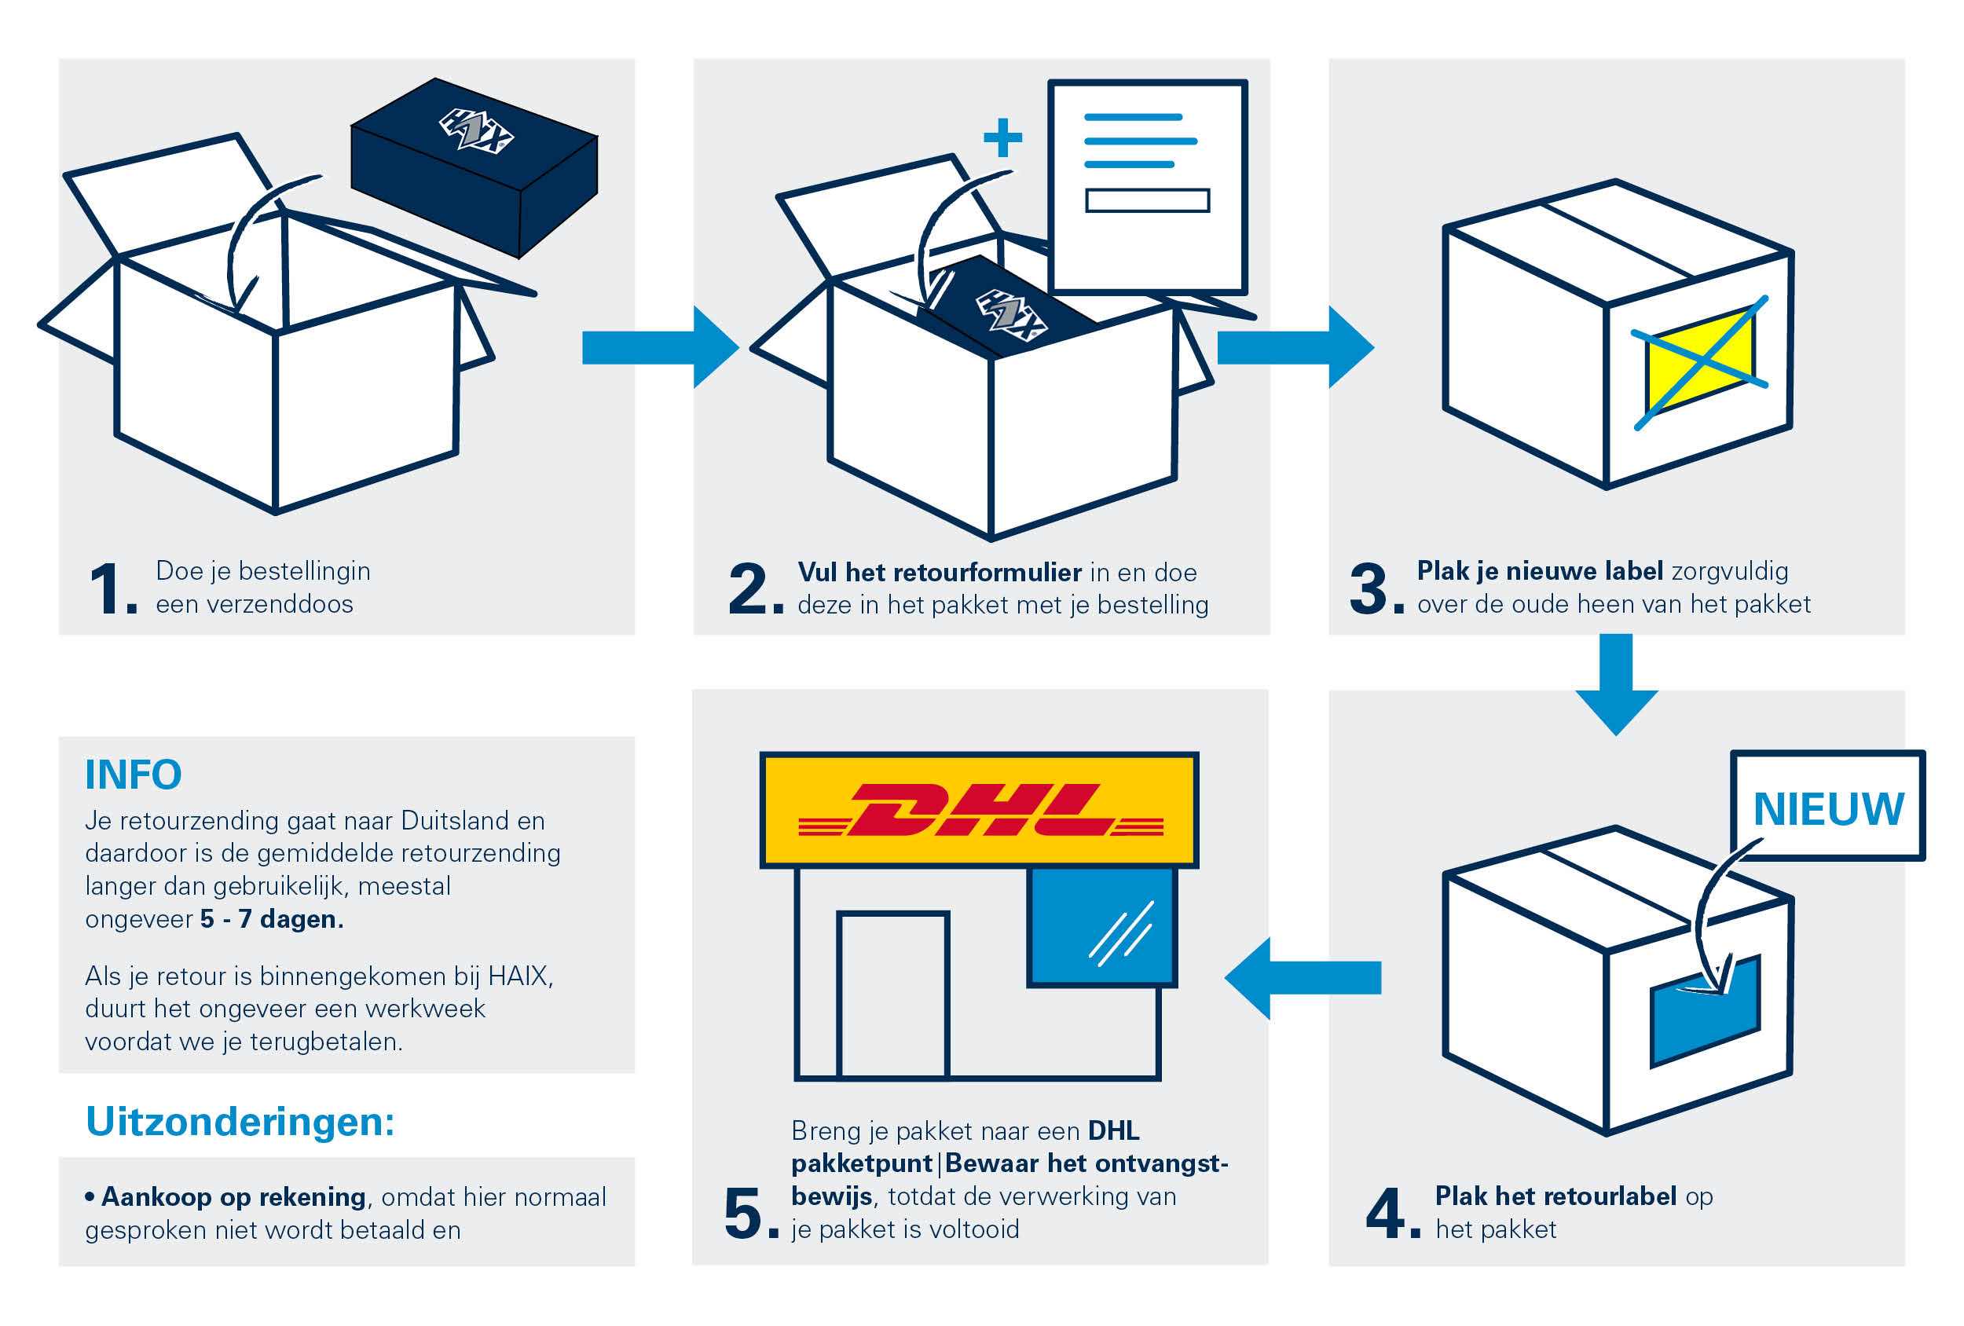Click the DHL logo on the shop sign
pos(980,810)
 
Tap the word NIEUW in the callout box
pos(1828,809)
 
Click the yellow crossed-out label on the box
pos(1699,361)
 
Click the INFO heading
pos(133,774)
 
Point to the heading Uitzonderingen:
pos(240,1122)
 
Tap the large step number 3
pos(1369,589)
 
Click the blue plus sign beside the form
pos(1003,137)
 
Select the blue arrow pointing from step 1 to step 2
pos(659,347)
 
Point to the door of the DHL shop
pos(893,994)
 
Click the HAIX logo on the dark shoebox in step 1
pos(476,131)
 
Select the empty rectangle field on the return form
pos(1147,200)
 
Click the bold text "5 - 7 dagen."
pos(271,918)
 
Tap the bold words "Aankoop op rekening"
pos(233,1196)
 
